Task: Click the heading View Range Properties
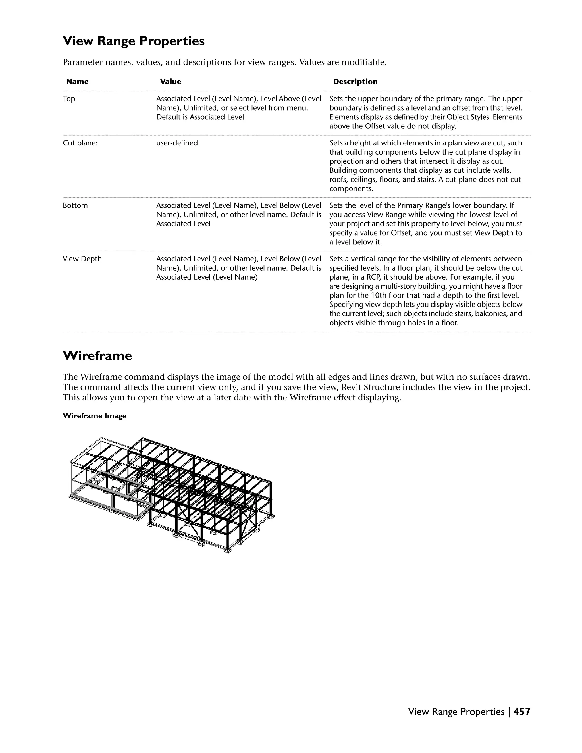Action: point(134,41)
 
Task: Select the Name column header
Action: point(77,82)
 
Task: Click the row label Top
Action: point(69,99)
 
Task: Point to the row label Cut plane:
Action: point(80,143)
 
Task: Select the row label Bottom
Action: point(75,205)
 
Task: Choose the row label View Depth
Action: point(82,259)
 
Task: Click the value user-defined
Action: point(177,143)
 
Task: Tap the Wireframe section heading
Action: point(97,356)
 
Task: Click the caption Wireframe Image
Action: point(94,416)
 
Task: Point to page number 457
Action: point(522,712)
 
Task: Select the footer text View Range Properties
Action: point(456,712)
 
